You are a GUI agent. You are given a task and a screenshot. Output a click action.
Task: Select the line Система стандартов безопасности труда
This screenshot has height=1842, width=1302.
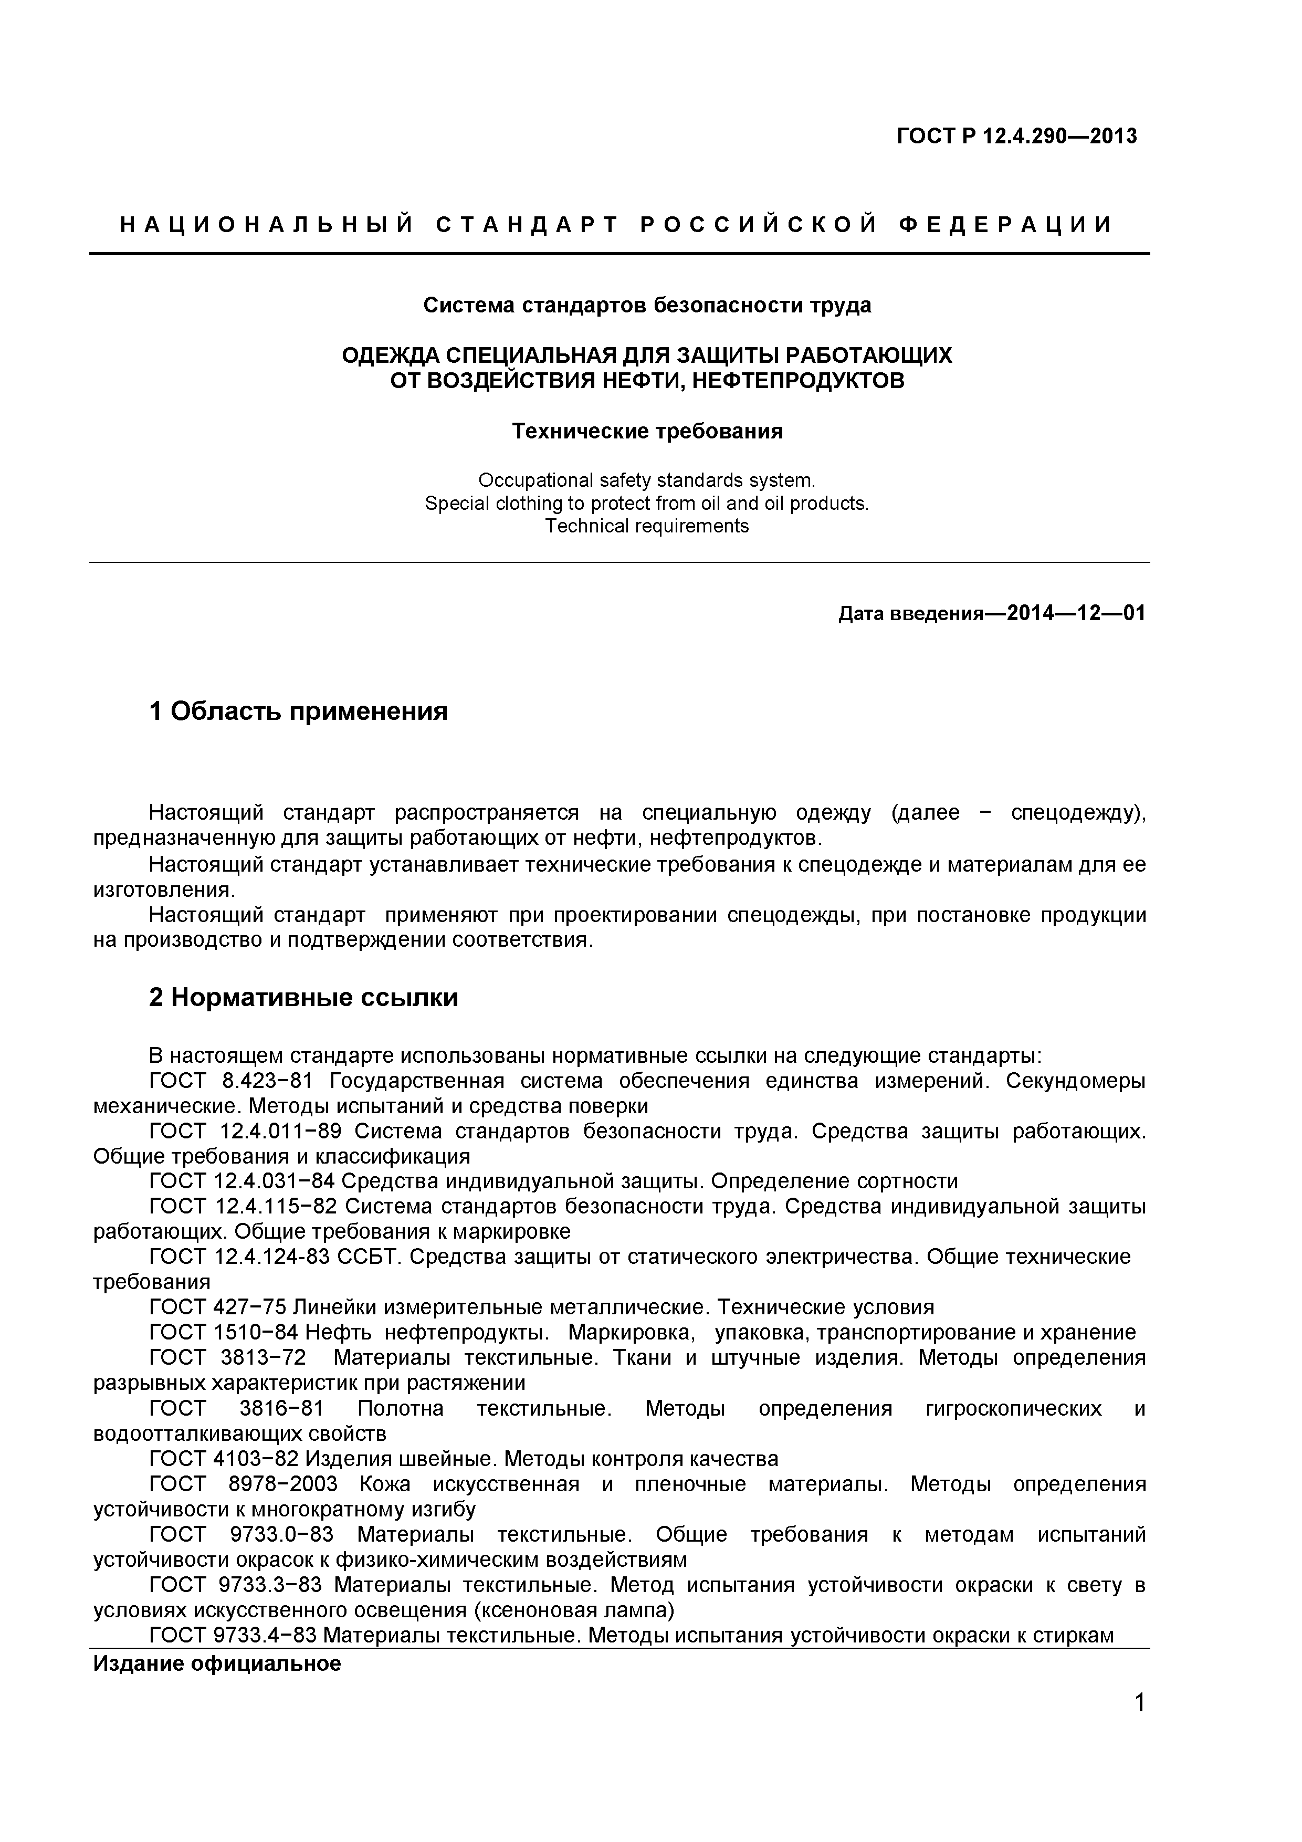(647, 306)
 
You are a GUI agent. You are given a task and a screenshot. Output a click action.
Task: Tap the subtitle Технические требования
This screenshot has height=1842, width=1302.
(647, 432)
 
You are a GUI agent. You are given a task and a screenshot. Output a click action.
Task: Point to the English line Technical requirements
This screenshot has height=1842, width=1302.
(647, 526)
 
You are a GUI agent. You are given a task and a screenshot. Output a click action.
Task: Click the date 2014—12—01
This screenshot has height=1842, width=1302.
(1076, 614)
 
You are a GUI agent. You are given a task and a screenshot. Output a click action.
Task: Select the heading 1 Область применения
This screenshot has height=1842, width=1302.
(298, 711)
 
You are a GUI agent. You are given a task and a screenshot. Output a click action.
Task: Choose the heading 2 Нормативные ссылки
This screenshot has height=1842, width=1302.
(303, 997)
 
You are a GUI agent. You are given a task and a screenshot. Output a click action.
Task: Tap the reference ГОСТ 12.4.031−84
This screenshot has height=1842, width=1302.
(241, 1181)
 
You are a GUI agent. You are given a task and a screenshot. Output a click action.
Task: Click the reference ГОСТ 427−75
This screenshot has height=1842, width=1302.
(217, 1307)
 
